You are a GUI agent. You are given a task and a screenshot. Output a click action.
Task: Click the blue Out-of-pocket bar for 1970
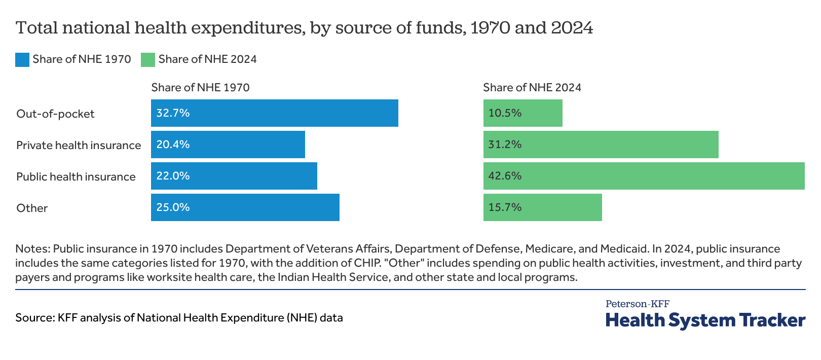tap(274, 113)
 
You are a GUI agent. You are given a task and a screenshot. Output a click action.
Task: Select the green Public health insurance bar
tap(644, 176)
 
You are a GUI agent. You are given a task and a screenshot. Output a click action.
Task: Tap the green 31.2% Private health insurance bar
tap(601, 145)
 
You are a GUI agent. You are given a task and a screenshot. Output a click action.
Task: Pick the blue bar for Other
tap(245, 207)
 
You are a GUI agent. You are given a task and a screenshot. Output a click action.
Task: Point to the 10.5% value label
tap(505, 113)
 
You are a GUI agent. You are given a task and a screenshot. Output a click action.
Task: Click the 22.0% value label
tap(173, 176)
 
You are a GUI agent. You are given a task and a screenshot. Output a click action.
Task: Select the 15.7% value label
tap(505, 207)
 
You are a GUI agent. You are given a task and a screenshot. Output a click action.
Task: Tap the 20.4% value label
tap(173, 145)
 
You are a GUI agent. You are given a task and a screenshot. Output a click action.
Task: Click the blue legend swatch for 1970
tap(22, 60)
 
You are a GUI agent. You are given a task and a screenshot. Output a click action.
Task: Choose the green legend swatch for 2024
tap(148, 60)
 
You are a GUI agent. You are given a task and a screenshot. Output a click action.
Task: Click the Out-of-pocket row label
tap(55, 114)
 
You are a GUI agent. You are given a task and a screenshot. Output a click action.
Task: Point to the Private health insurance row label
tap(79, 145)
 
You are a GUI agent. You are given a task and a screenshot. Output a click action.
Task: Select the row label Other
tap(32, 208)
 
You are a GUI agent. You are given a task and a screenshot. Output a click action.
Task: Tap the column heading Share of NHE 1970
tap(200, 87)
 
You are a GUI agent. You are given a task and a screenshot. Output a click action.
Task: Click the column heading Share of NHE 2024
tap(532, 87)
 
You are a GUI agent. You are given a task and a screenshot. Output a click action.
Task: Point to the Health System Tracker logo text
tap(705, 320)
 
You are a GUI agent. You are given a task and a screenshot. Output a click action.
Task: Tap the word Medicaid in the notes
tap(624, 248)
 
